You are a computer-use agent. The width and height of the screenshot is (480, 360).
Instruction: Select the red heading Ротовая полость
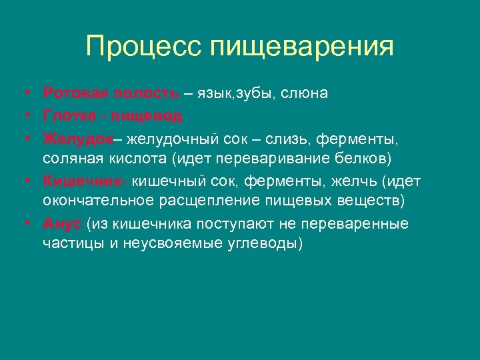[111, 93]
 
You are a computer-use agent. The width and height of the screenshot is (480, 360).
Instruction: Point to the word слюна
[305, 93]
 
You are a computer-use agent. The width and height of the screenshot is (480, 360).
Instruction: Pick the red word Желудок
[76, 139]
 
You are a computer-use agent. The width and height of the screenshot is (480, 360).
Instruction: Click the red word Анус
[62, 223]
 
